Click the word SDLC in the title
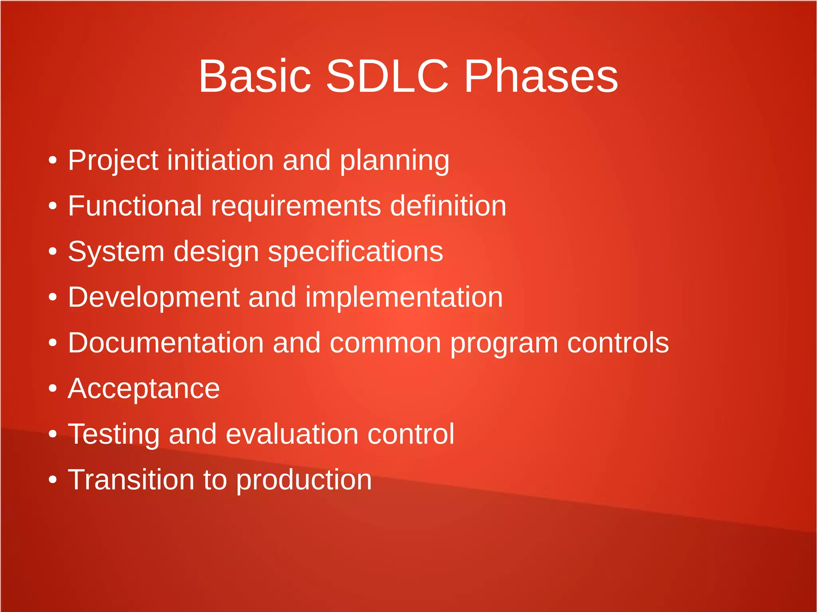[x=387, y=76]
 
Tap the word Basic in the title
[x=255, y=76]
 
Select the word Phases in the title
[x=541, y=76]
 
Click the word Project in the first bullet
[x=113, y=161]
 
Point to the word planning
[x=394, y=161]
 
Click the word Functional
[x=135, y=206]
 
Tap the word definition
[x=448, y=206]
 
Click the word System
[x=116, y=252]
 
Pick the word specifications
[x=355, y=252]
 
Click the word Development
[x=154, y=298]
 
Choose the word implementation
[x=404, y=298]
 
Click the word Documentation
[x=166, y=343]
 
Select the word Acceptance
[x=144, y=389]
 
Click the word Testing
[x=114, y=435]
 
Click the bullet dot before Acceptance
[x=53, y=388]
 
